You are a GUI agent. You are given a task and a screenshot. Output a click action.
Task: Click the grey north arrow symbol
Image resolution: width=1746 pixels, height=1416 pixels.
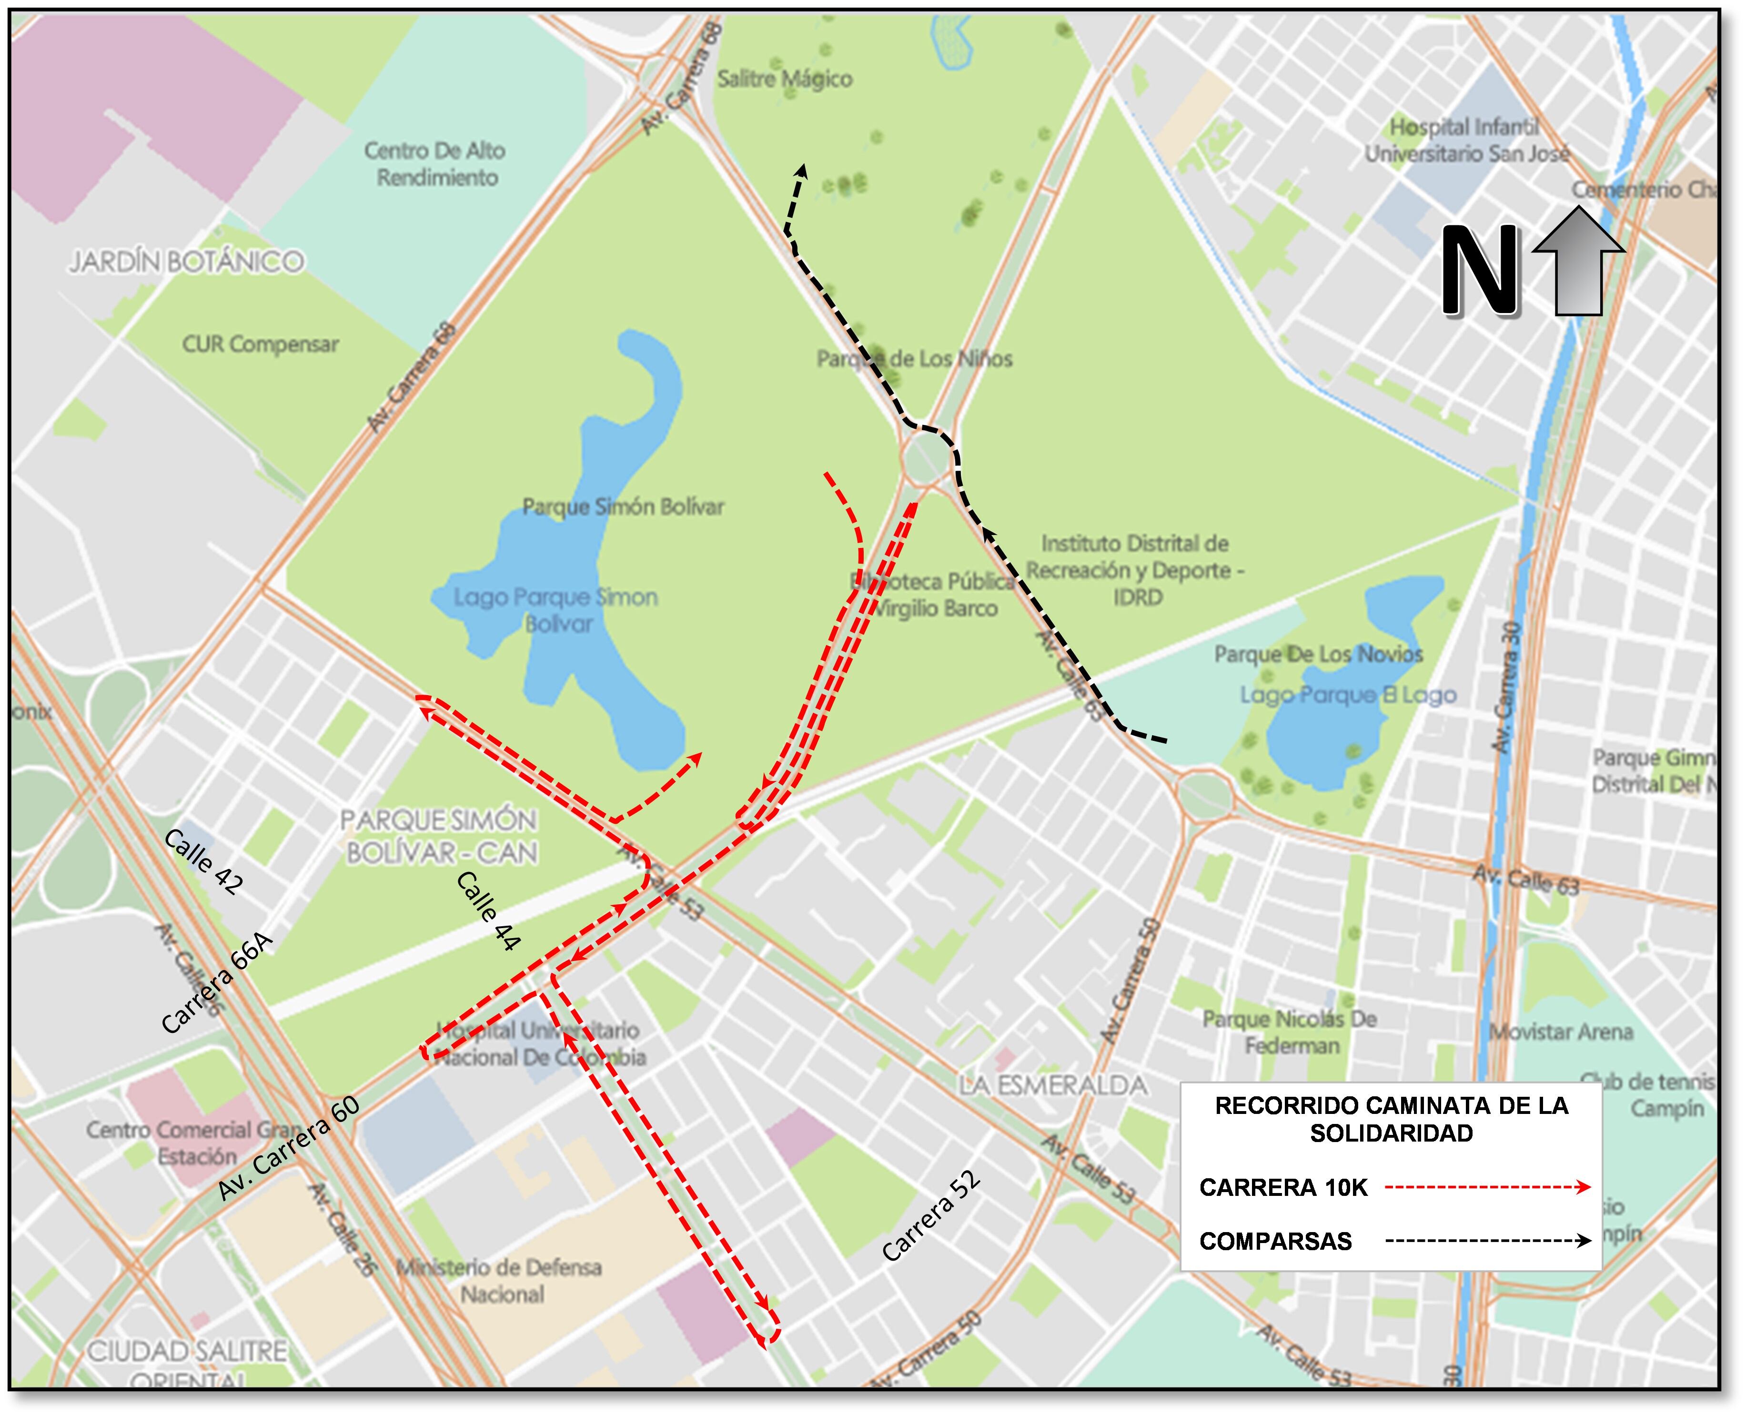(1578, 261)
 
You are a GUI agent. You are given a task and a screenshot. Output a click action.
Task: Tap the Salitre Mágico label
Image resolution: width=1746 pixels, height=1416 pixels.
(785, 79)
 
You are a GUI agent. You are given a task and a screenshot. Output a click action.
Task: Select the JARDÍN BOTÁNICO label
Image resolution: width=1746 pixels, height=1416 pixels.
(187, 262)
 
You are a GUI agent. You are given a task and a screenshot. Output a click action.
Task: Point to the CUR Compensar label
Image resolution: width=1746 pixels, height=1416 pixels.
(260, 344)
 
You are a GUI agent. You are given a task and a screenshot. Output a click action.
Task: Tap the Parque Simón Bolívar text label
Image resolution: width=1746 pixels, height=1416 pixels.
(623, 506)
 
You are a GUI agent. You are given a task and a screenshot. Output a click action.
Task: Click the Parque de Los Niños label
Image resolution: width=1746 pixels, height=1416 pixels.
(914, 359)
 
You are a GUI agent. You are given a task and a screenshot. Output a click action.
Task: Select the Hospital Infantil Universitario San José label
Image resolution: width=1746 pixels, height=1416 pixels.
(1465, 140)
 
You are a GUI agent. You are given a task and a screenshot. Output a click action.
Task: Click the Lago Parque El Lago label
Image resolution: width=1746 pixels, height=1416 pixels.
(1348, 695)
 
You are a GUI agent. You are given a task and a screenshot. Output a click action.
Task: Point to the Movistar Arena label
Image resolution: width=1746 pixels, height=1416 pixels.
(1561, 1032)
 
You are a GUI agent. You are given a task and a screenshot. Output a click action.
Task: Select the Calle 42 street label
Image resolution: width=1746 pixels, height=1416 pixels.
(203, 862)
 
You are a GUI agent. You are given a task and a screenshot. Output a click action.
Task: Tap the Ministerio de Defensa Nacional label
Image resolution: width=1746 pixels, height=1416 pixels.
(499, 1281)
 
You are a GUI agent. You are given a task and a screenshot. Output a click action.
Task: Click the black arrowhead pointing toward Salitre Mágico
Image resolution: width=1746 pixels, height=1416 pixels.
(802, 172)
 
